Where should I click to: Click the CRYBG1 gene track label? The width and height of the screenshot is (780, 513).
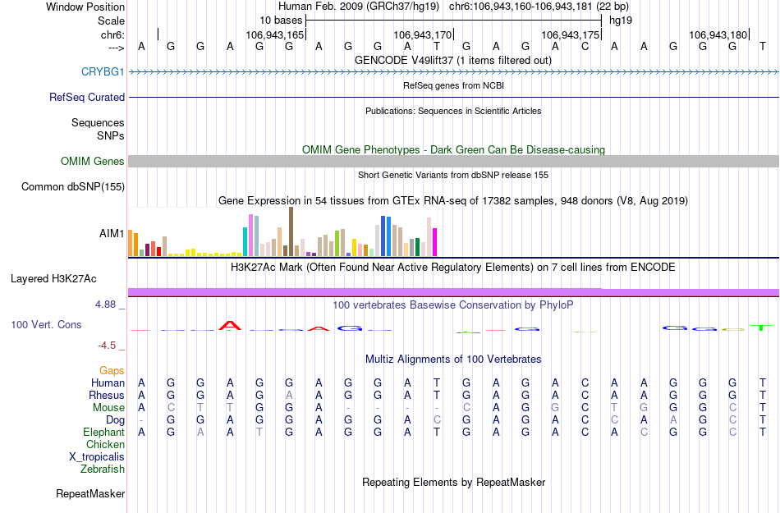coord(103,72)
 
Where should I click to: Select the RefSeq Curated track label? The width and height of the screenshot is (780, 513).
coord(87,97)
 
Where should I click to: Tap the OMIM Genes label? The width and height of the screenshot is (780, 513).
coord(92,162)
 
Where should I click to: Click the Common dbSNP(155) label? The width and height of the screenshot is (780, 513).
coord(73,187)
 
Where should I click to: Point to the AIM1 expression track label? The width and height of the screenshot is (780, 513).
coord(112,234)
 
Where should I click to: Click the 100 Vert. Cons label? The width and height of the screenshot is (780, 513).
coord(46,325)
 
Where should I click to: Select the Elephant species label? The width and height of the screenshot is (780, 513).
coord(103,433)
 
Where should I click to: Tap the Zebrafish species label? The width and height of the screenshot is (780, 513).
coord(103,469)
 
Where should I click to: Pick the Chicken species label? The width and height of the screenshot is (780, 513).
coord(105,445)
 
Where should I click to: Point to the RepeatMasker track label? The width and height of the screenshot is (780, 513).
coord(90,494)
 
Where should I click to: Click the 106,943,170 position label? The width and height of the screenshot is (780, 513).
coord(423,35)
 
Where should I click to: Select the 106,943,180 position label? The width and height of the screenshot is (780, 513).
coord(718,35)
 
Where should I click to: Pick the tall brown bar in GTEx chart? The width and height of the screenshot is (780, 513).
coord(291,231)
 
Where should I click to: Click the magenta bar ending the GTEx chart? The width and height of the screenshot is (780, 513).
coord(434,242)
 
